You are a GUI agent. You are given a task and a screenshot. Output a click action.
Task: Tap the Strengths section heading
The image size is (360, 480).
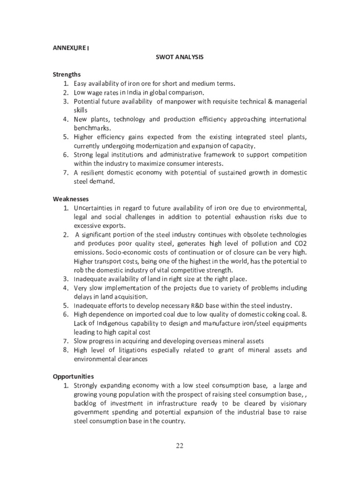(x=67, y=75)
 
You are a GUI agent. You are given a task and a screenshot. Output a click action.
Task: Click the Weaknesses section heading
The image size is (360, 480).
(x=71, y=199)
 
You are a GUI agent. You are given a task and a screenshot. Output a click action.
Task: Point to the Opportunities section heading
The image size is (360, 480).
(x=73, y=376)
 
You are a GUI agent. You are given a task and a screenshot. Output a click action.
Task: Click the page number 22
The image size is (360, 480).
(x=180, y=445)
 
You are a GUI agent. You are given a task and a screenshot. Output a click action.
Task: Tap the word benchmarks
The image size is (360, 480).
(x=92, y=128)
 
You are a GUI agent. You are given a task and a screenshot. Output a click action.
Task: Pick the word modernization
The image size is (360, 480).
(x=156, y=146)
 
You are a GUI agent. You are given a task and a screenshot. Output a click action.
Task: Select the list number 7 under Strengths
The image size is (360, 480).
(x=66, y=172)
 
